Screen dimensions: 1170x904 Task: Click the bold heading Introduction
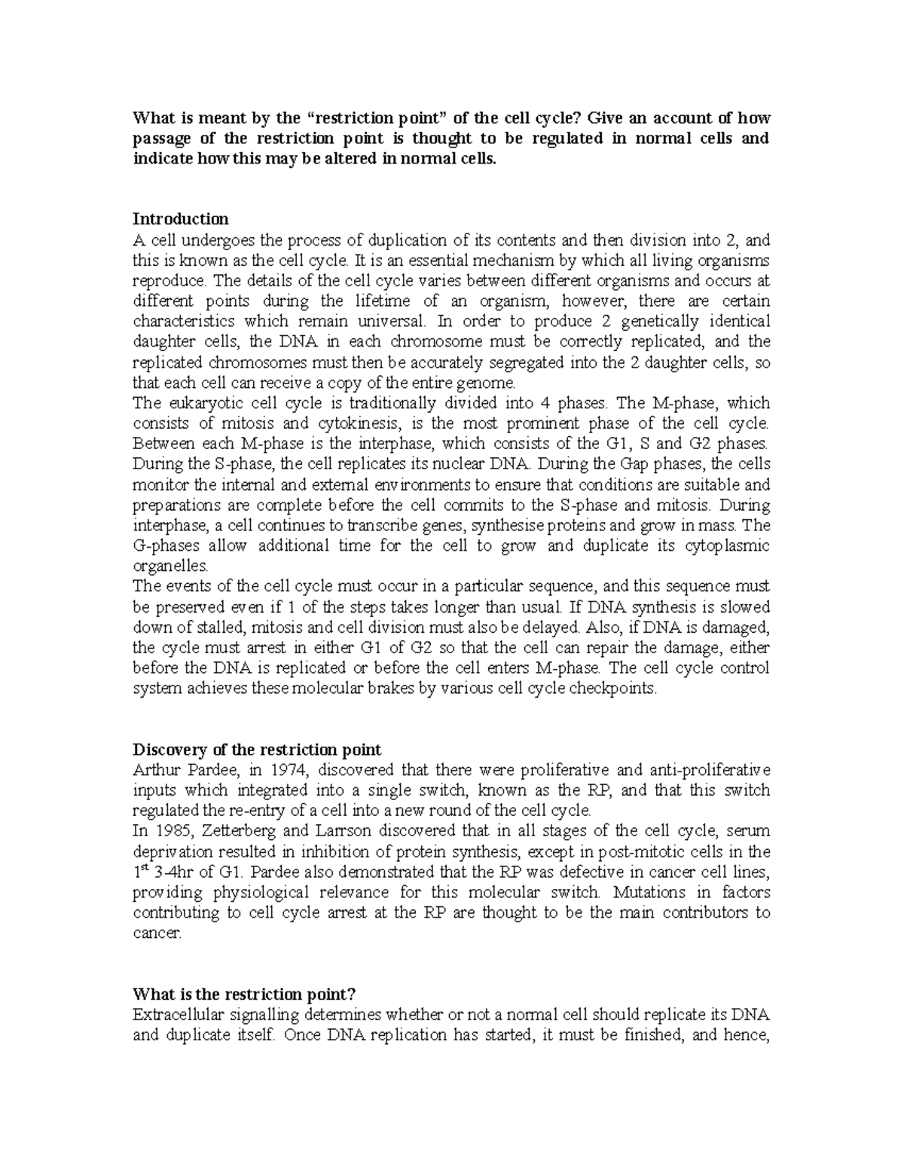click(x=180, y=219)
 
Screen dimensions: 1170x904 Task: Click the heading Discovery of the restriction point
click(x=257, y=750)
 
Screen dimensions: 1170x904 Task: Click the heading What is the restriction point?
click(x=243, y=994)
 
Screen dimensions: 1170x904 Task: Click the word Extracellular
click(x=178, y=1014)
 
